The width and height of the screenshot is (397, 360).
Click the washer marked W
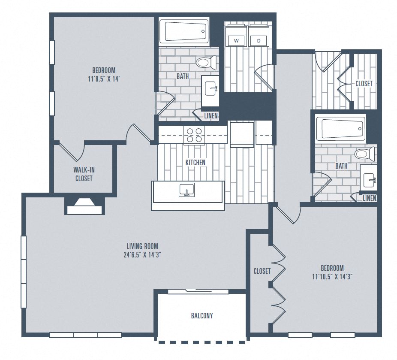click(236, 40)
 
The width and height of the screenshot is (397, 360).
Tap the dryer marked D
click(259, 40)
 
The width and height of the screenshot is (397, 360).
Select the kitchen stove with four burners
click(194, 135)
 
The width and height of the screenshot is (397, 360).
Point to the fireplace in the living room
click(84, 206)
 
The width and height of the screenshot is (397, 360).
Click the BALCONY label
click(202, 316)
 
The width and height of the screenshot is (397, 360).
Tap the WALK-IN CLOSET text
click(84, 174)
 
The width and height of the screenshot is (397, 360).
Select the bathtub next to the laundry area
click(184, 31)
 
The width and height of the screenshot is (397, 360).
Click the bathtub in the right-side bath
click(341, 128)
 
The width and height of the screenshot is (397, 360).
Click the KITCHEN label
click(195, 163)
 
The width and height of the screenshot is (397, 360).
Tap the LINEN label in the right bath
click(369, 198)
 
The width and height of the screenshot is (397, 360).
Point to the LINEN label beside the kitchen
click(211, 115)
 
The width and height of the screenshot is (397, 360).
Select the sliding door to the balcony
click(198, 291)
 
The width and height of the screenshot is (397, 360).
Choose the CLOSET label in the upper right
click(364, 84)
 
